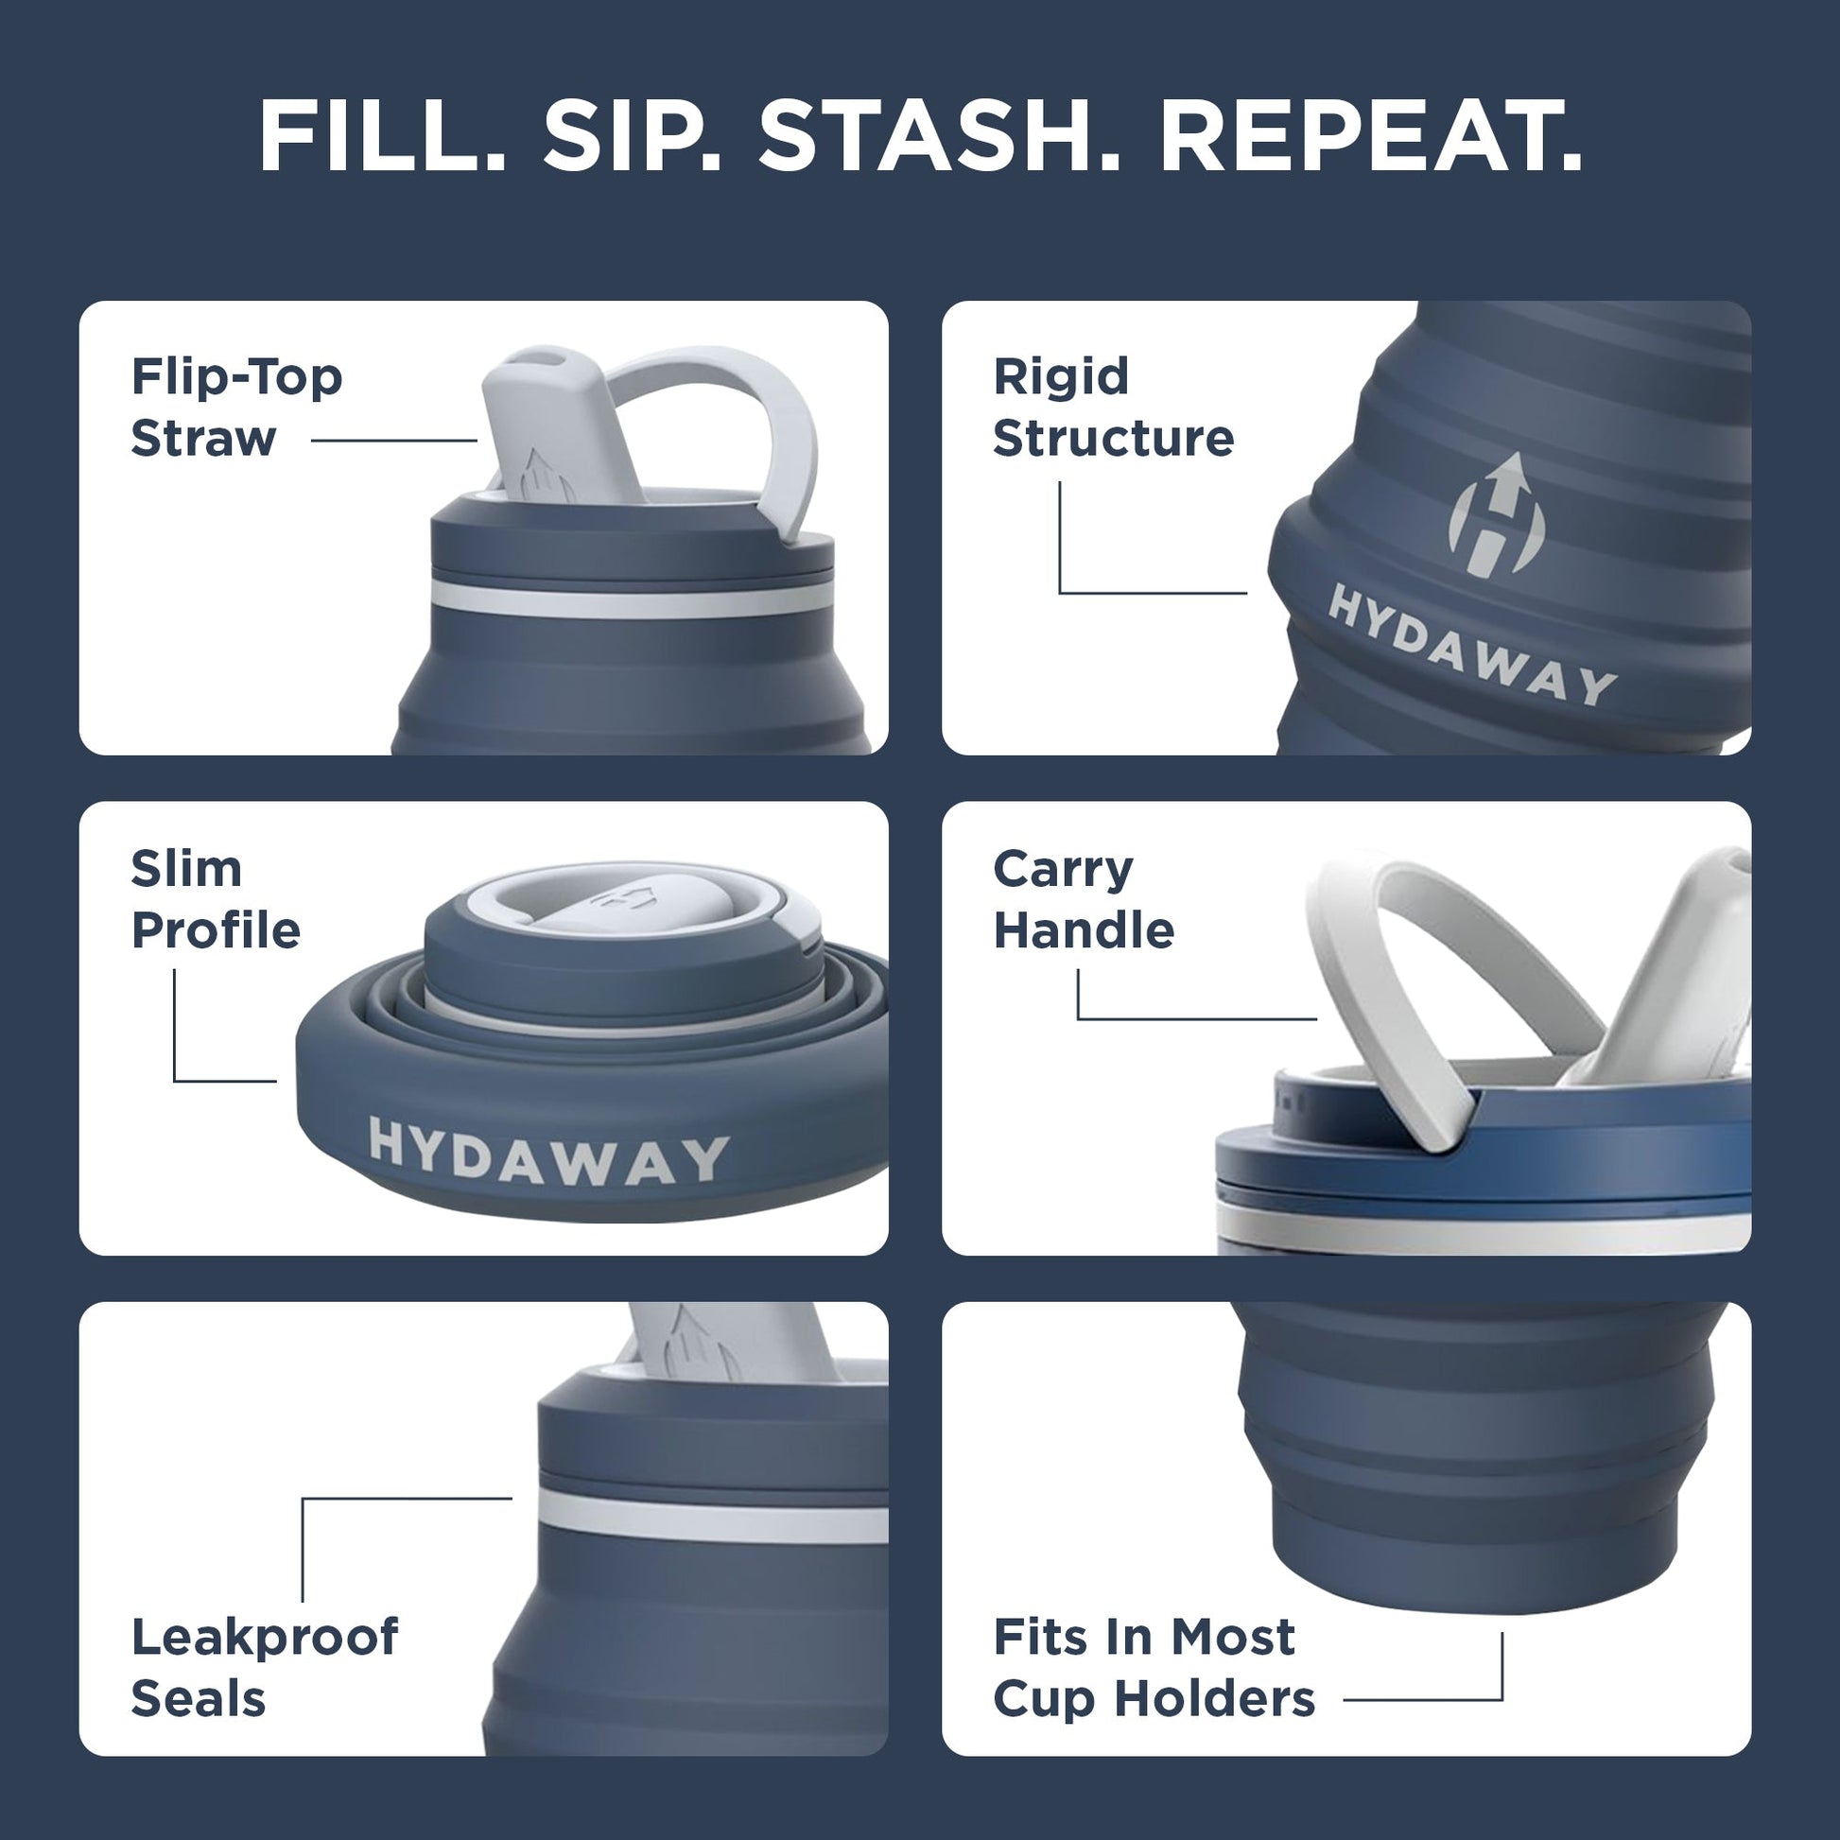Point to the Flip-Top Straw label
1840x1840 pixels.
[236, 408]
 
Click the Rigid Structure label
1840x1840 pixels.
[1112, 408]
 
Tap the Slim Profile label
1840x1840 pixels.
[216, 899]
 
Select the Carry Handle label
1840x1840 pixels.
[1083, 899]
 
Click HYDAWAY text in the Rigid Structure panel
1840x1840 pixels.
[1471, 645]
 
